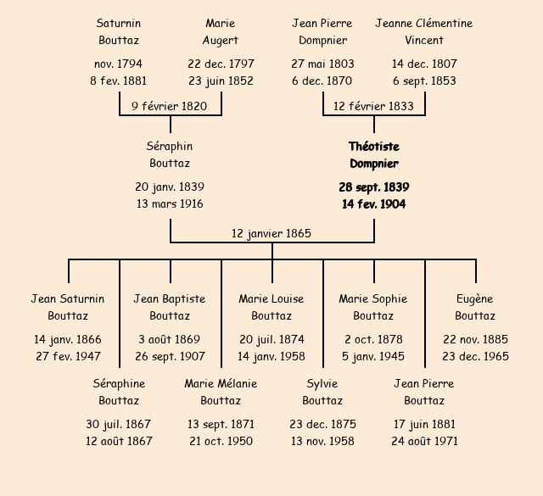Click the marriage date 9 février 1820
coord(170,106)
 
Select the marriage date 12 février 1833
coord(373,106)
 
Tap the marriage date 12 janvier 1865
coord(271,233)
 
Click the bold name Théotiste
coord(373,147)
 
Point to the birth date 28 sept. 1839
coord(373,187)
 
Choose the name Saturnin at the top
coord(119,23)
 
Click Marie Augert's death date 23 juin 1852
coord(221,81)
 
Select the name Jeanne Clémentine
coord(424,23)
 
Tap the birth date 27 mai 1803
coord(322,64)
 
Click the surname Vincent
coord(424,40)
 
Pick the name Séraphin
coord(170,147)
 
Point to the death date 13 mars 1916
coord(170,203)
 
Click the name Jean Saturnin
coord(68,298)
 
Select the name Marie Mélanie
coord(221,383)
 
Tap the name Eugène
coord(475,298)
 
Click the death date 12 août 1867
coord(119,441)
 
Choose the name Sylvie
coord(322,383)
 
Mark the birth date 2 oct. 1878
coord(373,339)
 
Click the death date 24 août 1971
coord(424,441)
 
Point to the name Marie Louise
coord(271,298)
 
